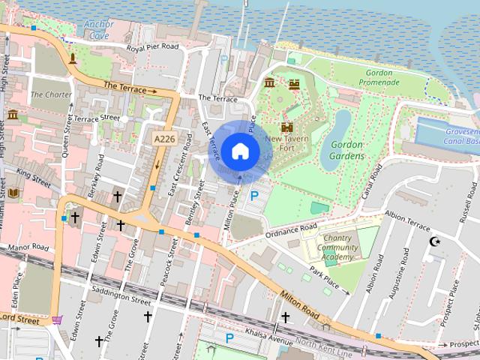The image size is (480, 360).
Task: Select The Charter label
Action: [x=51, y=95]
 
